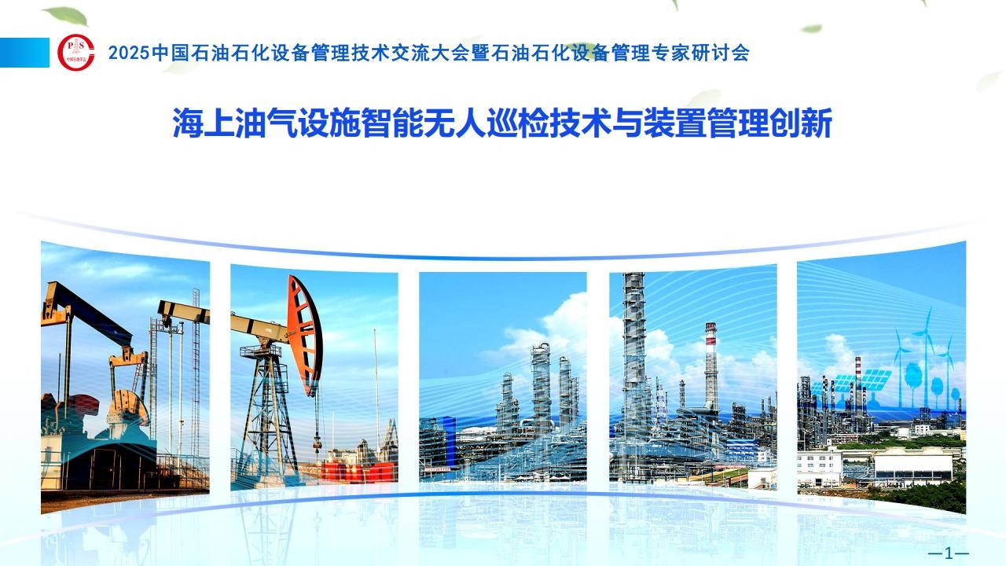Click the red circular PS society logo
(x=76, y=53)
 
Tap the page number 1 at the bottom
(x=949, y=553)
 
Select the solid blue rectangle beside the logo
(x=24, y=53)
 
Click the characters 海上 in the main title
(x=204, y=123)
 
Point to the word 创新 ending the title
(x=801, y=123)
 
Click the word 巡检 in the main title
(x=518, y=123)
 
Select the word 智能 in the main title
(x=392, y=123)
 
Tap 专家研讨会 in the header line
(x=700, y=53)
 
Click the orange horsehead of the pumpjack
(x=306, y=336)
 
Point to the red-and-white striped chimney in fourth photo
(x=711, y=364)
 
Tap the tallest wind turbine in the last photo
(x=926, y=355)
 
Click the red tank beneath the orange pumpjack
(x=359, y=472)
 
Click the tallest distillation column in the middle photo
(x=541, y=386)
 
